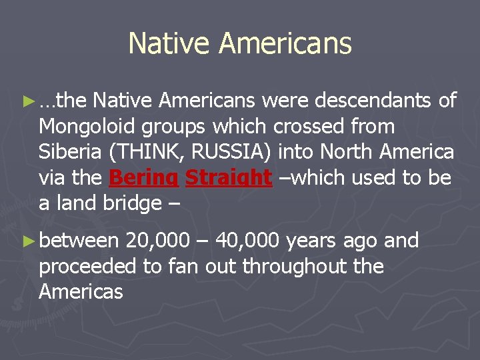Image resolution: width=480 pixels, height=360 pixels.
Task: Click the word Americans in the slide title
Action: click(x=285, y=44)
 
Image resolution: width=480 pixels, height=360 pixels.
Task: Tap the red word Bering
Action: click(x=144, y=178)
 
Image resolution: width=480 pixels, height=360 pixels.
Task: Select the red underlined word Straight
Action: click(x=229, y=178)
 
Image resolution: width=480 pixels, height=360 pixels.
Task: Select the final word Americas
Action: click(x=81, y=291)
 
